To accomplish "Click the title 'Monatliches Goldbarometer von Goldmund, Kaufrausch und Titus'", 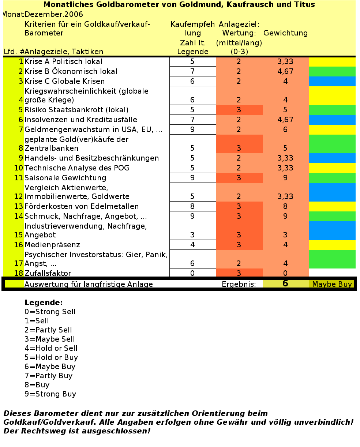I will point(179,5).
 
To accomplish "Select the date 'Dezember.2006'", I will point(54,15).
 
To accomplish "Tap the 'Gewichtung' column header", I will point(285,33).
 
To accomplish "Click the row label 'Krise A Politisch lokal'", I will point(63,62).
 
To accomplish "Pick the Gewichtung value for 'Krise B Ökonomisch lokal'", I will point(285,72).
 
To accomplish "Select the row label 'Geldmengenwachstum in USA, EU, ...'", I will point(93,130).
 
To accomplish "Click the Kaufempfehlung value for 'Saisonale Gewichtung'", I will point(192,178).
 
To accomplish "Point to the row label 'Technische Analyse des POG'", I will point(77,168).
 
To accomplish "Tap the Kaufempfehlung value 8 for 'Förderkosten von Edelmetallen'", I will point(192,207).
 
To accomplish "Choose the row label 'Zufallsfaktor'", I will point(48,274).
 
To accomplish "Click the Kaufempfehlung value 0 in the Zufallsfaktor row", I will point(192,274).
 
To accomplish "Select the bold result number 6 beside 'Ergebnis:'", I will point(285,283).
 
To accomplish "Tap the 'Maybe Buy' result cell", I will point(332,285).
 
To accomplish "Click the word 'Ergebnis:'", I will point(239,285).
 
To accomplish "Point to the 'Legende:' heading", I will point(44,303).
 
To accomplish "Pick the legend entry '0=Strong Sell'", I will point(50,312).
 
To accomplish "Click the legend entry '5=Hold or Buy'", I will point(51,358).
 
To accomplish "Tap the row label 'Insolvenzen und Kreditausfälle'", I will point(80,120).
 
